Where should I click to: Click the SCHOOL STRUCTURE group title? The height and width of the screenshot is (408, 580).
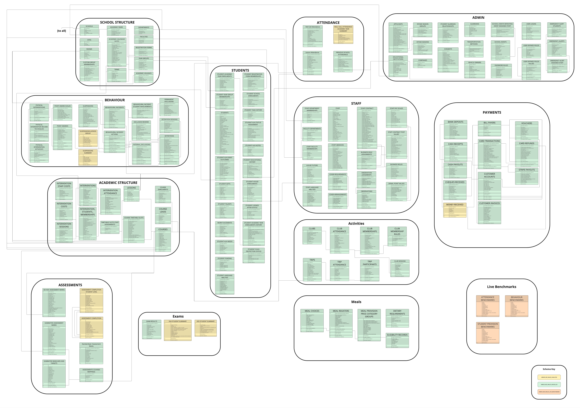click(117, 22)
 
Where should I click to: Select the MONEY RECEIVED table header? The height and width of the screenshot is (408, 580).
click(455, 205)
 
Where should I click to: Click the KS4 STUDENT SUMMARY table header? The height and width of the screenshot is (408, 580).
click(178, 321)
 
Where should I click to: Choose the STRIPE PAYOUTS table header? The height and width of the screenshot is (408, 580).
click(526, 170)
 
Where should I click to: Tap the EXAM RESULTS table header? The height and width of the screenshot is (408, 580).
click(152, 321)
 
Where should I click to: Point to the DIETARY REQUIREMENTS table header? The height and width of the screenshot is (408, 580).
click(397, 312)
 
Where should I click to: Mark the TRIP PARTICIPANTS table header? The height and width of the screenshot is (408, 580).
click(370, 263)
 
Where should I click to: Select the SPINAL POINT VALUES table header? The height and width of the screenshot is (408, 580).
click(396, 184)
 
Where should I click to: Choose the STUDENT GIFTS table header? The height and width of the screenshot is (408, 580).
click(225, 184)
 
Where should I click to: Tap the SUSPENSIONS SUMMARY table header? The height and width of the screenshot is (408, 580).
click(88, 152)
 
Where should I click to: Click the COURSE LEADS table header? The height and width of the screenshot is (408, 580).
click(163, 210)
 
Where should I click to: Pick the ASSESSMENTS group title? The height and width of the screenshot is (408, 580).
click(70, 285)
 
